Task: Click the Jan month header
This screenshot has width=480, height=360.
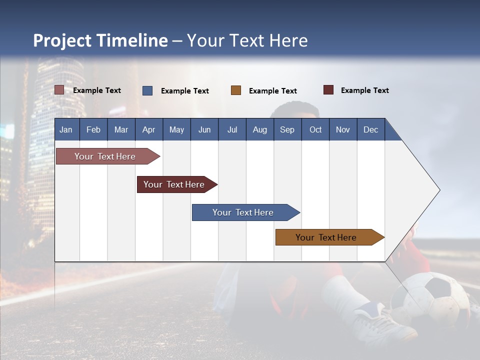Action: point(66,129)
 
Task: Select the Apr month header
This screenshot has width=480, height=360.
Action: point(148,129)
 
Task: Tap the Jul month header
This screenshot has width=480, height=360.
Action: point(232,129)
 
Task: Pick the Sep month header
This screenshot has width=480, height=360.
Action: point(287,129)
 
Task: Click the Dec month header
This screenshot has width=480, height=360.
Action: point(370,129)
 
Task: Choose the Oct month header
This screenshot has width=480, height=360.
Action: point(315,129)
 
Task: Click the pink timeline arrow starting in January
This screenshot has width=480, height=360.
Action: point(105,156)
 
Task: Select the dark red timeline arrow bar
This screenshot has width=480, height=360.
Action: point(174,184)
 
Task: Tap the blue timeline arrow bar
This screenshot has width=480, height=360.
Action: point(243,212)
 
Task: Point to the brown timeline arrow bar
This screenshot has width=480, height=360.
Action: point(326,237)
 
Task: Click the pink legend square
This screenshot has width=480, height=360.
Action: point(59,90)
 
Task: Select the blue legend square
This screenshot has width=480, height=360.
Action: point(147,90)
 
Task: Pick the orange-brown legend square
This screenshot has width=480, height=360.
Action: point(236,90)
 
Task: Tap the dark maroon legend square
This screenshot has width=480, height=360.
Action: point(328,90)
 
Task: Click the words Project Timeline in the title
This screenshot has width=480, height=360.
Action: point(100,40)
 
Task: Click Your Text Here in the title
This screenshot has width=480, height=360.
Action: point(247,40)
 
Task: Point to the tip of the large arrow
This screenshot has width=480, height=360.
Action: point(438,190)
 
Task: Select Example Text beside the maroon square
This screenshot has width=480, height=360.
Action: point(364,90)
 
